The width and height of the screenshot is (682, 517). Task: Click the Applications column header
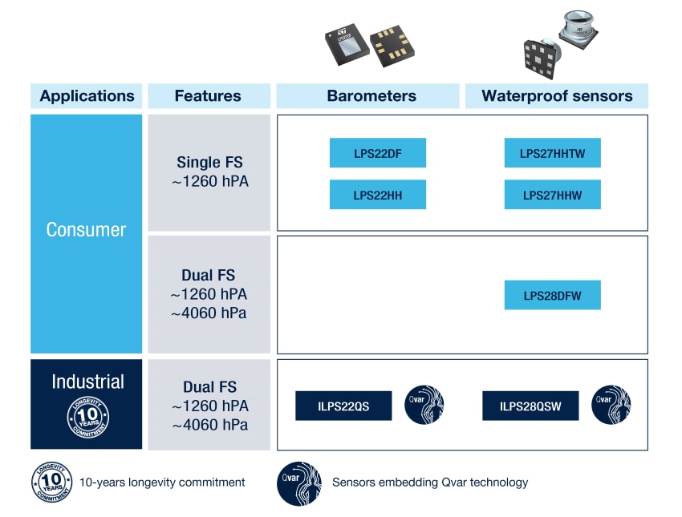coord(87,96)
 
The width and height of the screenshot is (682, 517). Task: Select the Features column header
coord(208,96)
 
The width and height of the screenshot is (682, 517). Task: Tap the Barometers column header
coord(371,96)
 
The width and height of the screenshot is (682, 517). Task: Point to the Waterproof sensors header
coord(557,96)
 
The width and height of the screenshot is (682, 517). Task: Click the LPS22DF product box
coord(377,153)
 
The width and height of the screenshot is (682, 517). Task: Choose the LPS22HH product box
coord(377,195)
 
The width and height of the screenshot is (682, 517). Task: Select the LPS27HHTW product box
coord(552,153)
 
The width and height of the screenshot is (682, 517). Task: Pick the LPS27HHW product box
coord(552,195)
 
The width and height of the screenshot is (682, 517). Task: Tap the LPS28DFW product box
coord(552,296)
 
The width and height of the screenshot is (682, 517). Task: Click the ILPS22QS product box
coord(343,406)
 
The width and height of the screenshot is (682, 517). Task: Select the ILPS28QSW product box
coord(530,406)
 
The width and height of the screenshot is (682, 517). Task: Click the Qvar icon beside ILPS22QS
coord(424,404)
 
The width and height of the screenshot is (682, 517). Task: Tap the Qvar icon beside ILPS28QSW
coord(611,404)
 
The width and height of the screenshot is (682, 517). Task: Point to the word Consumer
coord(86,230)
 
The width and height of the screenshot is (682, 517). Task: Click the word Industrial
coord(87,382)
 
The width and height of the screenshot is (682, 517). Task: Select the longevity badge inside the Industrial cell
coord(87,417)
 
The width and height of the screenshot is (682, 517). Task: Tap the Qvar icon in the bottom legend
coord(298,483)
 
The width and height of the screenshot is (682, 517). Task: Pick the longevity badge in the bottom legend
coord(51,483)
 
